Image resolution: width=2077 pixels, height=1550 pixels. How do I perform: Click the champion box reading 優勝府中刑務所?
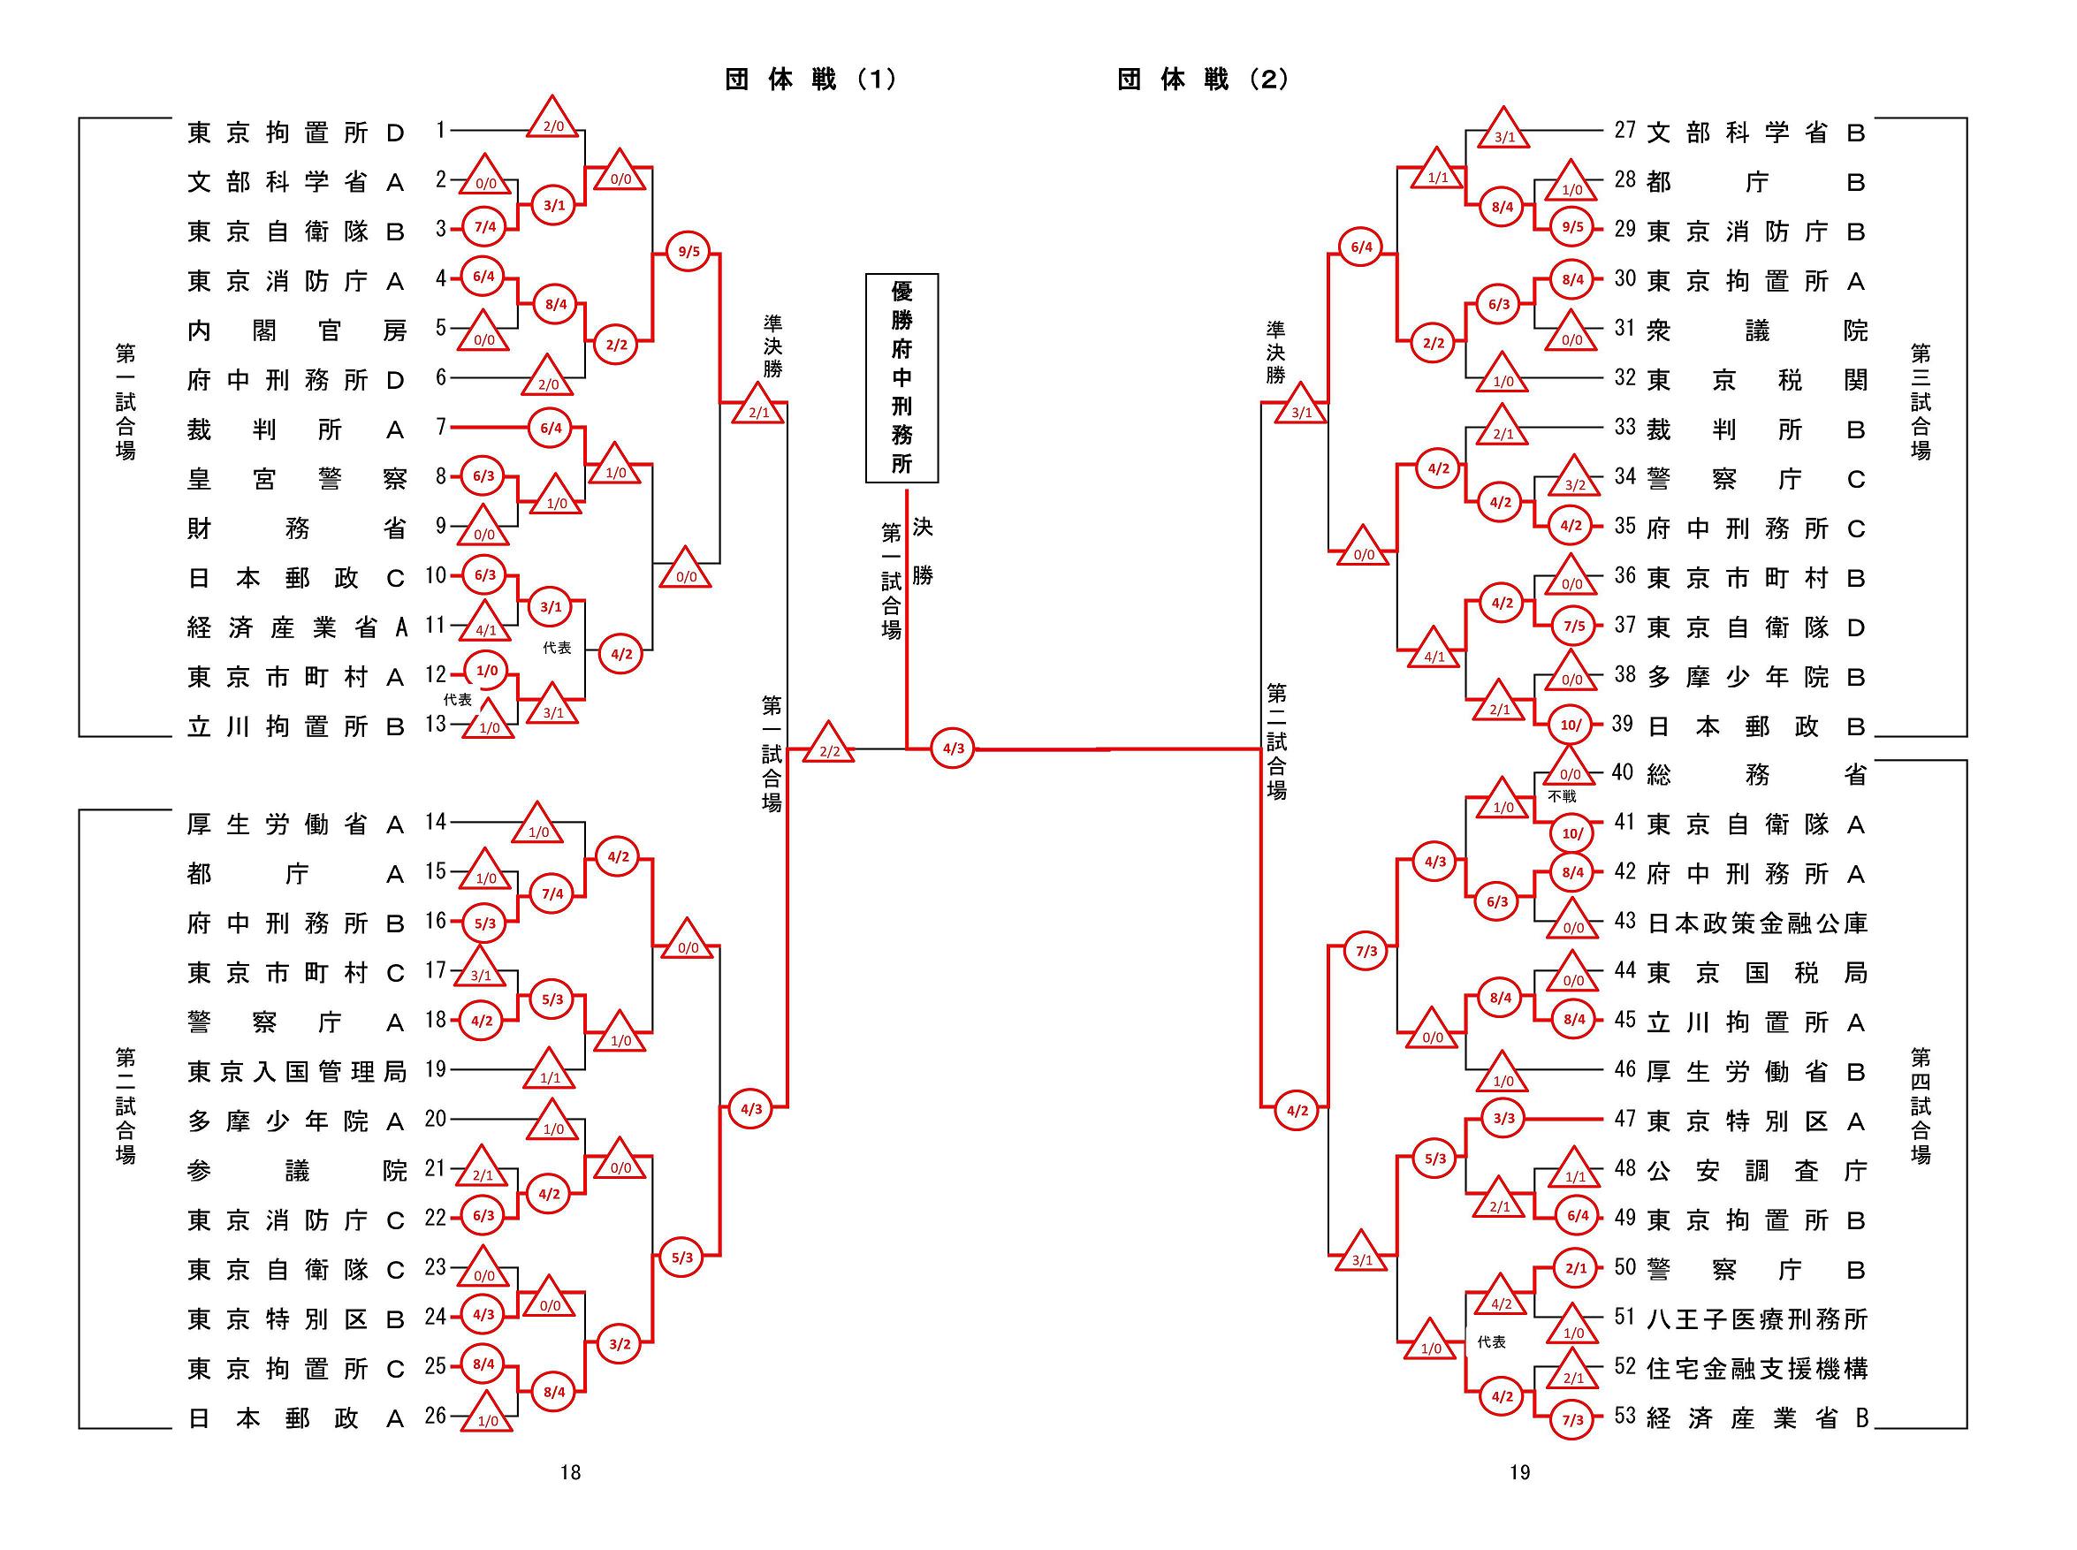(x=901, y=377)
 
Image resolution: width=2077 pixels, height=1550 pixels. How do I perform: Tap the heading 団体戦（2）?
(x=1203, y=80)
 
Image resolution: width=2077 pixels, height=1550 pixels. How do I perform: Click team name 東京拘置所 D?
(x=295, y=133)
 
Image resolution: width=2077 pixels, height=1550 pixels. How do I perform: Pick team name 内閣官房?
(x=295, y=331)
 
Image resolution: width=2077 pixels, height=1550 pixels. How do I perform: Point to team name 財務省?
(x=295, y=529)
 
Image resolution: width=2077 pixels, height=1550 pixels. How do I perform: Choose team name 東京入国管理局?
(x=295, y=1072)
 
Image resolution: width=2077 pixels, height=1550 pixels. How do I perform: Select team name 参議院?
(x=295, y=1170)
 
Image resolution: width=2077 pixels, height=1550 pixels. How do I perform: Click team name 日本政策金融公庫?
(x=1757, y=923)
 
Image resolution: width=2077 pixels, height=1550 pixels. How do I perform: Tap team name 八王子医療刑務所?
(x=1757, y=1319)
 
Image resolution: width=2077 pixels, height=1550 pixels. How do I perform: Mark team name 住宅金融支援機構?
(x=1757, y=1369)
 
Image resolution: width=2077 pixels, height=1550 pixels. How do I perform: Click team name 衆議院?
(x=1757, y=331)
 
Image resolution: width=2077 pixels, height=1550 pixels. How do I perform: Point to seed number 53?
(x=1624, y=1416)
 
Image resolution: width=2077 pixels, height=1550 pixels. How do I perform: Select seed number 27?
(x=1624, y=131)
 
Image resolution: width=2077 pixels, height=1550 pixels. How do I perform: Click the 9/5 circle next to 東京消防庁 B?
(x=1572, y=227)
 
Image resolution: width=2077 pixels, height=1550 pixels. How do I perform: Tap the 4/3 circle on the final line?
(x=952, y=748)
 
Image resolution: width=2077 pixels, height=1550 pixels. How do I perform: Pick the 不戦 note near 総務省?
(x=1562, y=796)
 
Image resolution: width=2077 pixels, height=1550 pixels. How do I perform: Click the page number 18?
(x=570, y=1473)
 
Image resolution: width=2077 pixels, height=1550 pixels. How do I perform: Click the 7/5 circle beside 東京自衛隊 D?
(x=1573, y=626)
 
